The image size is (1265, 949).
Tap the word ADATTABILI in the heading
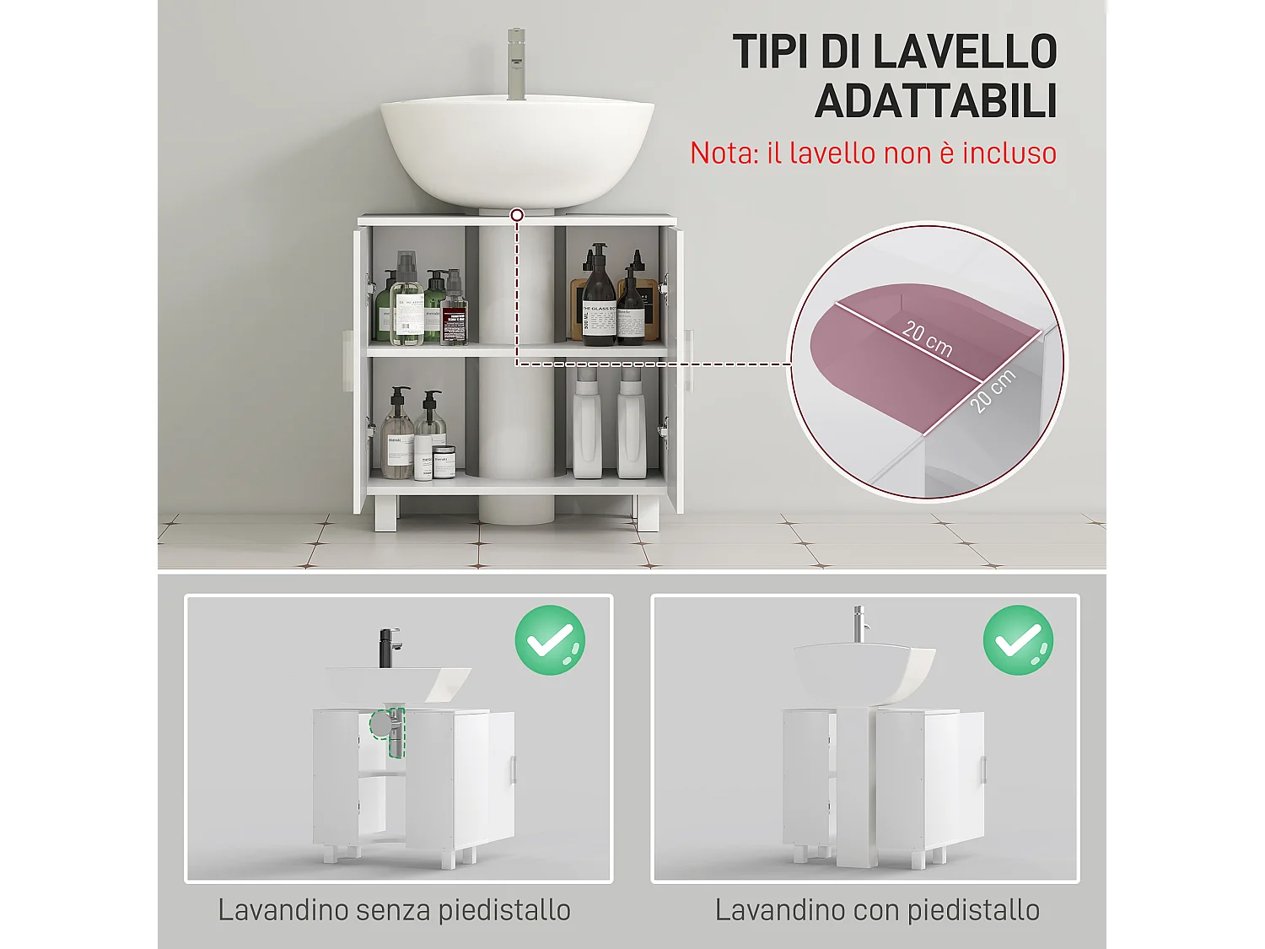pyautogui.click(x=935, y=102)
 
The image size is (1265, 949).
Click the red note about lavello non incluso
pyautogui.click(x=873, y=154)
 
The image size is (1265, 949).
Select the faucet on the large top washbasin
pyautogui.click(x=516, y=64)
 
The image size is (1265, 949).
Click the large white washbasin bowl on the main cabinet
pyautogui.click(x=517, y=148)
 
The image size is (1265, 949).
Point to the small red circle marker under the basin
pyautogui.click(x=517, y=216)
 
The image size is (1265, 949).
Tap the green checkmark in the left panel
pyautogui.click(x=550, y=640)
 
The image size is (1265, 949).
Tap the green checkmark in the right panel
pyautogui.click(x=1018, y=640)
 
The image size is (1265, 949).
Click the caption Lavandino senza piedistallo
pyautogui.click(x=394, y=910)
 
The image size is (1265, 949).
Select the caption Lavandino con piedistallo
pyautogui.click(x=877, y=910)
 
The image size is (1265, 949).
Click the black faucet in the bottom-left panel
pyautogui.click(x=389, y=648)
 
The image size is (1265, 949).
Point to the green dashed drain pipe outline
pyautogui.click(x=395, y=731)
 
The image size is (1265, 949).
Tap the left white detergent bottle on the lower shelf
pyautogui.click(x=587, y=426)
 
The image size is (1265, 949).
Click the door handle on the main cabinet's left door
pyautogui.click(x=347, y=360)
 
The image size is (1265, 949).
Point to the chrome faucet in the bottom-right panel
pyautogui.click(x=859, y=624)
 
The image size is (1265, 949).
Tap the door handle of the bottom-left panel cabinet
pyautogui.click(x=512, y=769)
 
